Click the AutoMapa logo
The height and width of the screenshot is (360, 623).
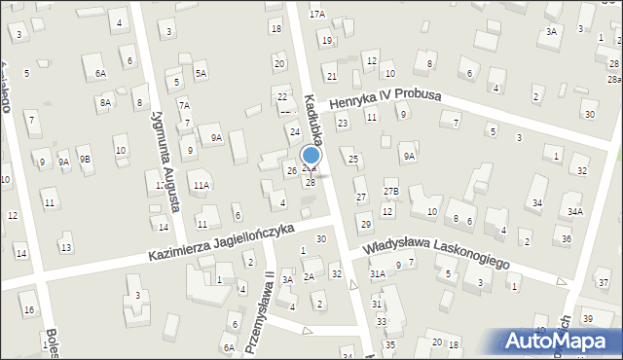(560, 341)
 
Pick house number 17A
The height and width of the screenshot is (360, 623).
(317, 15)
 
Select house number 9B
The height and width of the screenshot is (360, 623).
(85, 159)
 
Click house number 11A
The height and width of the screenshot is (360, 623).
(201, 185)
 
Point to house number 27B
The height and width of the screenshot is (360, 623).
(390, 192)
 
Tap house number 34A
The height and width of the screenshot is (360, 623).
(575, 211)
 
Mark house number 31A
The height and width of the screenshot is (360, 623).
(377, 275)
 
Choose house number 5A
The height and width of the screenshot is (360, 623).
(200, 73)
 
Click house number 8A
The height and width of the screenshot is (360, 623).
(105, 102)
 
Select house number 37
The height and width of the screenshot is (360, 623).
(604, 282)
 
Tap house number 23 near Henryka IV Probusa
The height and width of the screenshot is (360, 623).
(342, 124)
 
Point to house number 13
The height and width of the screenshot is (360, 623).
(66, 247)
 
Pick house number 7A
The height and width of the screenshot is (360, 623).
(183, 104)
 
